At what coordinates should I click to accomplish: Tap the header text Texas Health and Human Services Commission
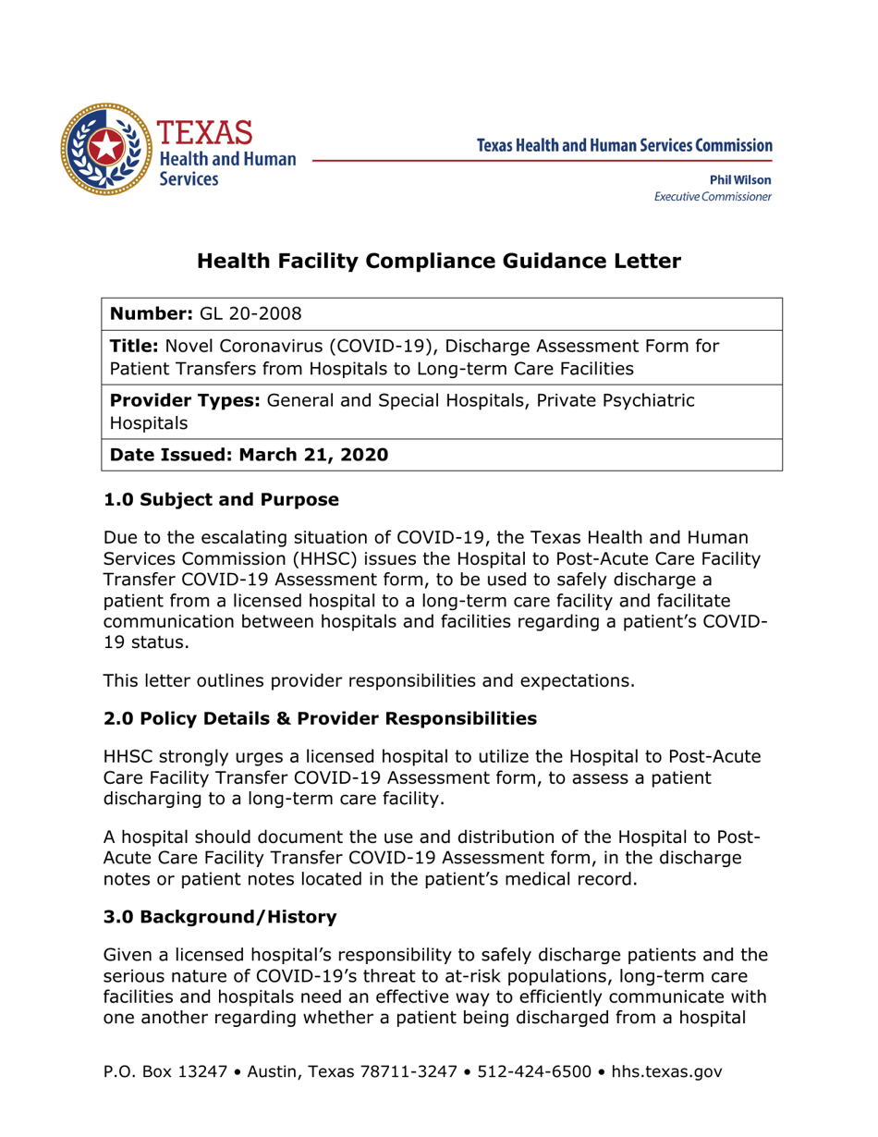tap(625, 145)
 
